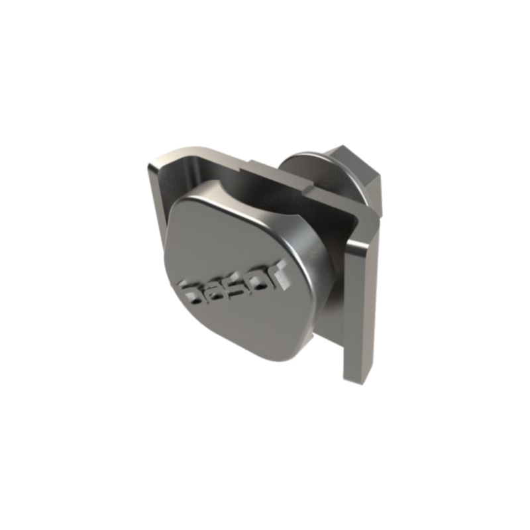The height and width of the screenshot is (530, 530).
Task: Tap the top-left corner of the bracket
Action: [x=151, y=161]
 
